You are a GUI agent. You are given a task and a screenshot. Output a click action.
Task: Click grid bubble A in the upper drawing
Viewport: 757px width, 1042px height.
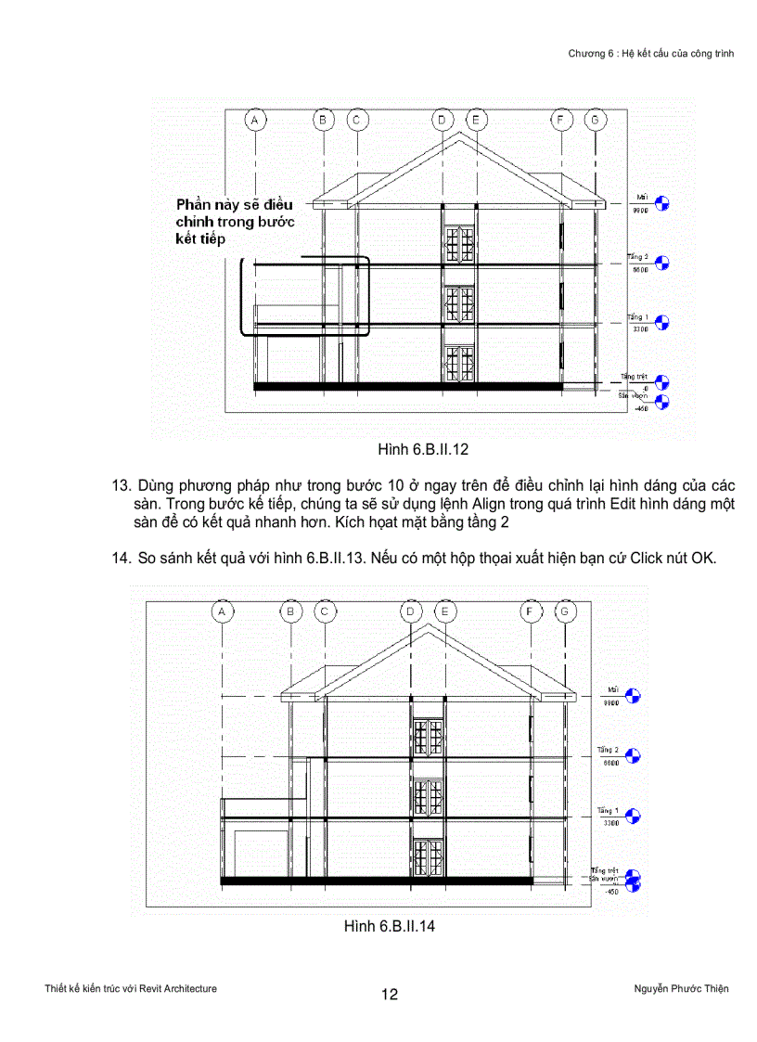pos(254,120)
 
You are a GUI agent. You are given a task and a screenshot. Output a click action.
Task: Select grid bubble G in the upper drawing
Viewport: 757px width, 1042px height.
pos(595,120)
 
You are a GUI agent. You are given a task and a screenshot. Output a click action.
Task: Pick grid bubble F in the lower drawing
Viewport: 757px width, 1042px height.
pos(532,611)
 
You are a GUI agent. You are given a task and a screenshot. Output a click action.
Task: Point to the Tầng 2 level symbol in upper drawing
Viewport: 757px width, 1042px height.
pos(662,264)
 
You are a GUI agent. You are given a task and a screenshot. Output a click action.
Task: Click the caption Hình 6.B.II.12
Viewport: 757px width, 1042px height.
pos(422,450)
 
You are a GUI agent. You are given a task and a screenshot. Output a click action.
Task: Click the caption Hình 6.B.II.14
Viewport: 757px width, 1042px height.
pos(389,926)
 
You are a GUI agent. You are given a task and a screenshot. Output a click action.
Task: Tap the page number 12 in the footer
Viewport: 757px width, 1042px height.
pos(390,995)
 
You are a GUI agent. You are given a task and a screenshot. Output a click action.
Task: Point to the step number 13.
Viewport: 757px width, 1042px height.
pos(119,486)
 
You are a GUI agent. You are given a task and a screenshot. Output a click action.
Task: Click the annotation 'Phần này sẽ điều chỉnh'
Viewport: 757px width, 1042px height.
pos(234,221)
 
